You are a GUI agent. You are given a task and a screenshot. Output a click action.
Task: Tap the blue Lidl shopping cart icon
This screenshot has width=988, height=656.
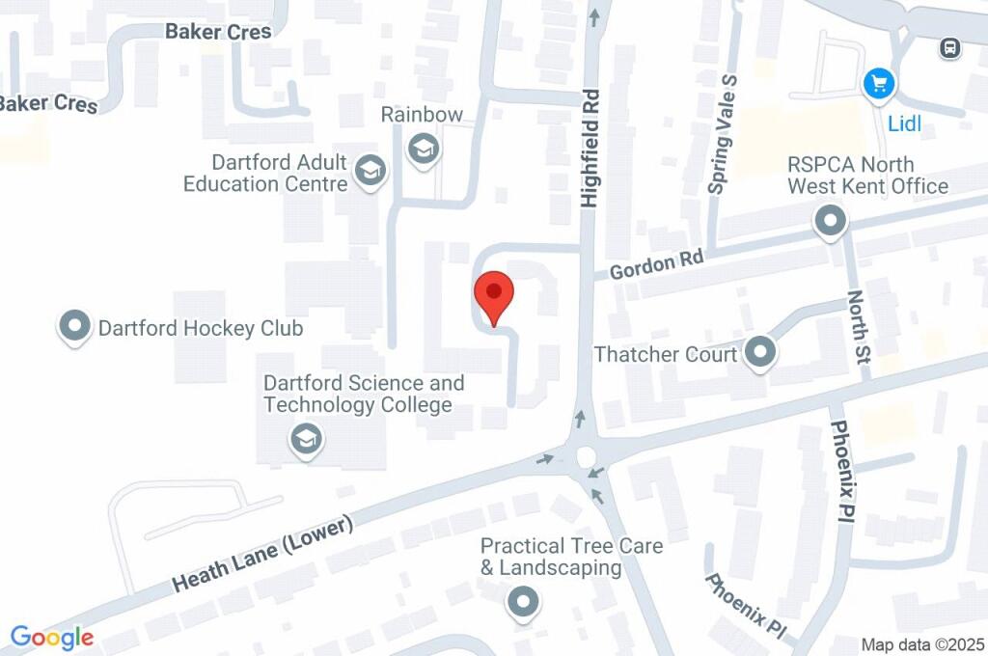point(879,84)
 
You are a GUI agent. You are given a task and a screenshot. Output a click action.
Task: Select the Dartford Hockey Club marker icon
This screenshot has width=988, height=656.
point(74,328)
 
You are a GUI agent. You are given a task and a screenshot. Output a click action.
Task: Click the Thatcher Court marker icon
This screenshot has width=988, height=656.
point(760,354)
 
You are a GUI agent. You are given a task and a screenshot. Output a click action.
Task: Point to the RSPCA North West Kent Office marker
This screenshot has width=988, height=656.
point(829,222)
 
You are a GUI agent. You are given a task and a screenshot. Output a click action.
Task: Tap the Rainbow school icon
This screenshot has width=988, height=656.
point(422,150)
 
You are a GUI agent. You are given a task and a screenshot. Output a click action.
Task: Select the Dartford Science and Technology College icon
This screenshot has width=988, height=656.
point(306,440)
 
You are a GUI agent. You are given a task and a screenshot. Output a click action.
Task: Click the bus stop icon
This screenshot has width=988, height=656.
point(950,47)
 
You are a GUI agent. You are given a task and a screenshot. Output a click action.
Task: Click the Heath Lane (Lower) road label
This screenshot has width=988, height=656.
point(262,554)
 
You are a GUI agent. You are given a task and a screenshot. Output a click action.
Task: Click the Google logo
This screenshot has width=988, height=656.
point(52,638)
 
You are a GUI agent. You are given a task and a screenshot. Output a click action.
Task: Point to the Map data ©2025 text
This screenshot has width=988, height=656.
point(922,644)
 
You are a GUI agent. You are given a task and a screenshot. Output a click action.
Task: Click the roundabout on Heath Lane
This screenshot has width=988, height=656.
point(586,456)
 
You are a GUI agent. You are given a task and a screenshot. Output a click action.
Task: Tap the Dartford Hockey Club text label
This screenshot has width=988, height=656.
point(201,329)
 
